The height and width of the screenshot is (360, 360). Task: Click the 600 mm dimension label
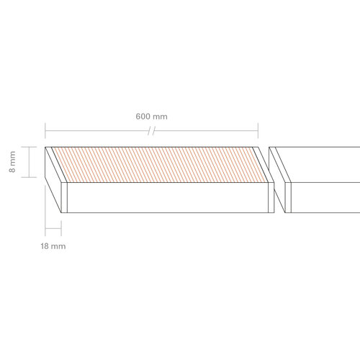151,117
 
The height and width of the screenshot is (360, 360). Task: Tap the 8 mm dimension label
12,162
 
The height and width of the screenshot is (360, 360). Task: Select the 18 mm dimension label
53,246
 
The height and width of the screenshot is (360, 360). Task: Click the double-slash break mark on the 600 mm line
151,131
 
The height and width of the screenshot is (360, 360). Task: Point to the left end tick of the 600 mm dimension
45,131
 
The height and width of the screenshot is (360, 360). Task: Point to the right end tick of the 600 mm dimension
258,131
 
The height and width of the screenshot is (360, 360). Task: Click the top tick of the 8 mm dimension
29,147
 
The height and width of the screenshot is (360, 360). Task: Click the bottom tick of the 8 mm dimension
29,177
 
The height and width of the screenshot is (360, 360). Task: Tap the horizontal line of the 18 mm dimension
53,228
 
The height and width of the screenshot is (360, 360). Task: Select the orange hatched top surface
160,165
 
